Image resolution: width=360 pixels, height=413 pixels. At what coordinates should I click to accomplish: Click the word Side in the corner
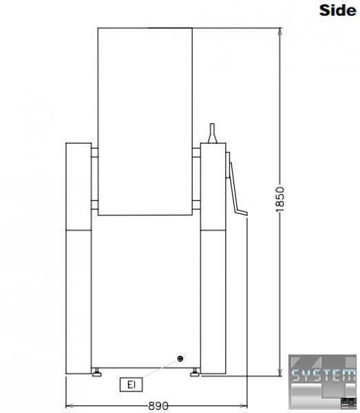337,10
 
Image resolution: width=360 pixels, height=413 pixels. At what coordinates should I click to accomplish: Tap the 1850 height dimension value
280,200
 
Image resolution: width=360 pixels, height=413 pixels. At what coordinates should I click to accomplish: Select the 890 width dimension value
158,405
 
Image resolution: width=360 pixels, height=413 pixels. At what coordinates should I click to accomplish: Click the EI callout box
131,385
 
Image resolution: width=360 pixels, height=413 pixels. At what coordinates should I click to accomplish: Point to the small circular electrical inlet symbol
180,359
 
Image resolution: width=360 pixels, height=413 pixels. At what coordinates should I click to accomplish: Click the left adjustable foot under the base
97,372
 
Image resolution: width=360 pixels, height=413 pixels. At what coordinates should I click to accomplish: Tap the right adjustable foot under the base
195,372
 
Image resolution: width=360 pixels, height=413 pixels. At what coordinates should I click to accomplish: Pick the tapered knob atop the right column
212,134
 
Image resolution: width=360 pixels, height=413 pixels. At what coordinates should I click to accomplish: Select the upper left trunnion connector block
94,153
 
